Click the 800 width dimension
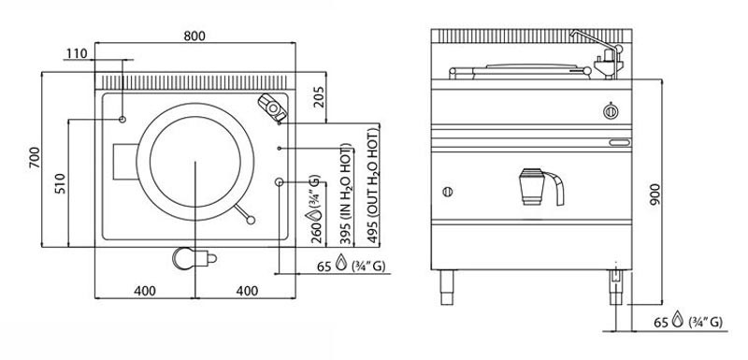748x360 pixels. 194,36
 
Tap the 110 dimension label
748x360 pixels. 77,53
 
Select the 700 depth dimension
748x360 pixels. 35,157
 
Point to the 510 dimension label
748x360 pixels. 61,182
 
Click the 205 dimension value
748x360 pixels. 320,96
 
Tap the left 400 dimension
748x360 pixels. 145,291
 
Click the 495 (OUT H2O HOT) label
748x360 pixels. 373,185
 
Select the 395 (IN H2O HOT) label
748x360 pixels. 347,194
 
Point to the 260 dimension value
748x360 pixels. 316,234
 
